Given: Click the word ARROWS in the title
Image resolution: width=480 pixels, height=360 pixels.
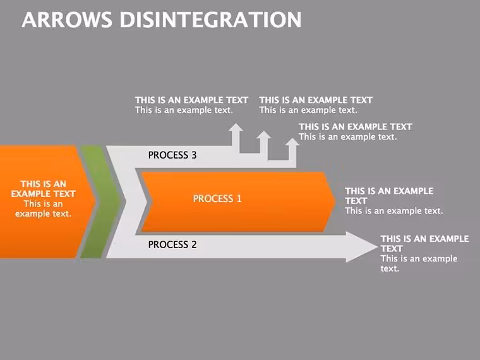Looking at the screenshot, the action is coord(67,20).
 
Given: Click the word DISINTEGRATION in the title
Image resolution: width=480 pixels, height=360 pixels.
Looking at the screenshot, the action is coord(210,20).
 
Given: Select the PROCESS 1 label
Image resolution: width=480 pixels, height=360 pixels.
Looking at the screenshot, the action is coord(217,199).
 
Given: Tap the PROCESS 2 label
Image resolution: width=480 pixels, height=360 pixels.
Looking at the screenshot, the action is coord(172,244).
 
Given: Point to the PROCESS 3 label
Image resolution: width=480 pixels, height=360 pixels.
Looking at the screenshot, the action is coord(172,155).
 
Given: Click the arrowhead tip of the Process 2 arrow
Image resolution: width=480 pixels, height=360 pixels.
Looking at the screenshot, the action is coord(378,247).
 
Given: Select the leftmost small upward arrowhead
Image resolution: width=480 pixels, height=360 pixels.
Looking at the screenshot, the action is coord(236,127).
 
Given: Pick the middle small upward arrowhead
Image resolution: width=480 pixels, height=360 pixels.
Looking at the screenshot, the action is coord(264,135).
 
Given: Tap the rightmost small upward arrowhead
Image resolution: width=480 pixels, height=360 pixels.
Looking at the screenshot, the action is coord(292,142).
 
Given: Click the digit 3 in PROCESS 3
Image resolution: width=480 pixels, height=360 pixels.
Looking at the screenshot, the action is coord(194,155).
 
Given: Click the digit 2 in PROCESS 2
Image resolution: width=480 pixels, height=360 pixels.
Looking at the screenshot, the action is coord(194,244).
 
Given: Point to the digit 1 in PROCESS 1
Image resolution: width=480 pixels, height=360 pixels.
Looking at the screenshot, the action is coord(239,199).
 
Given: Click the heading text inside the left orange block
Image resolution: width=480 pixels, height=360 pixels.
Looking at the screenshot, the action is coord(43,189).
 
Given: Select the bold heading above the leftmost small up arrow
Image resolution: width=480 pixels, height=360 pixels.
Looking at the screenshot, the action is coord(191,100).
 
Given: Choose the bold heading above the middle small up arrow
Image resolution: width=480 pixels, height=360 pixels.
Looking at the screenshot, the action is coord(316,100).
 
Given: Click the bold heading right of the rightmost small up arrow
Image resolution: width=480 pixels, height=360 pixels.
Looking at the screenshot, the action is coord(356,127).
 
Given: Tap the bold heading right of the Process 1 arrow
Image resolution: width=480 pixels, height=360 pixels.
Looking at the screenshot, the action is coord(389,196).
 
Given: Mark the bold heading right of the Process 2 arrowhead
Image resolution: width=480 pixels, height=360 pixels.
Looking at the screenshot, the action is coord(424,244).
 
